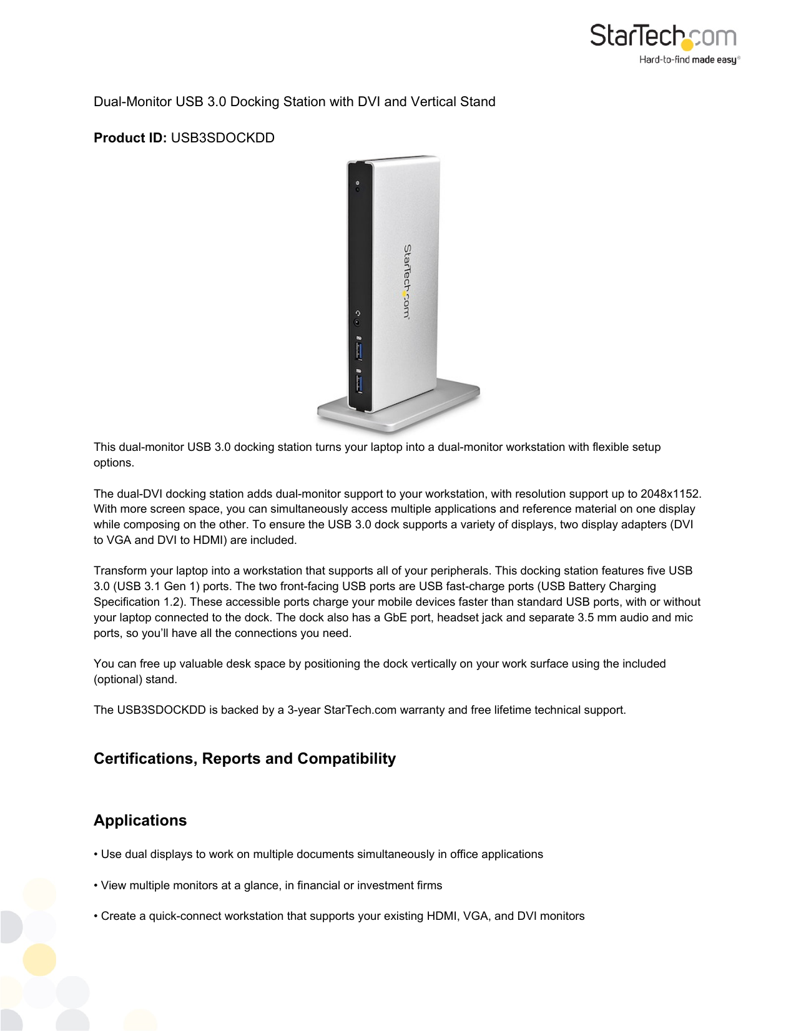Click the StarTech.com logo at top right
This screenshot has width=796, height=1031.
pyautogui.click(x=663, y=36)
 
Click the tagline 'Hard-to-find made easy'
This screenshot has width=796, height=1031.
pyautogui.click(x=688, y=60)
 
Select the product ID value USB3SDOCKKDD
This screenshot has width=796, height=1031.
pyautogui.click(x=222, y=138)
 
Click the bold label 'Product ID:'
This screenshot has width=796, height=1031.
pyautogui.click(x=130, y=138)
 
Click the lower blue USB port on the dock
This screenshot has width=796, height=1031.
pyautogui.click(x=359, y=383)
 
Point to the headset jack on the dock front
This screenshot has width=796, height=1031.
pyautogui.click(x=357, y=322)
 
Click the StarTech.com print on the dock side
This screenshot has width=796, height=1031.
pyautogui.click(x=406, y=281)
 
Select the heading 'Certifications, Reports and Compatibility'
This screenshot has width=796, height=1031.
pyautogui.click(x=245, y=759)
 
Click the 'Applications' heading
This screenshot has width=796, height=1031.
pyautogui.click(x=140, y=821)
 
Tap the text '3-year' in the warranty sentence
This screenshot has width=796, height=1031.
pyautogui.click(x=303, y=710)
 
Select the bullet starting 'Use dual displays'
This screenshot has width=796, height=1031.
pyautogui.click(x=318, y=854)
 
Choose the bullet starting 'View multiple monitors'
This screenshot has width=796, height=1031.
pyautogui.click(x=268, y=885)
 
